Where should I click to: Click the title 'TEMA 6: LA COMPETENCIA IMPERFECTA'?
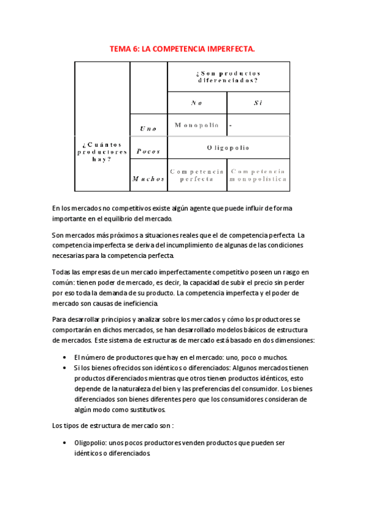pyautogui.click(x=182, y=48)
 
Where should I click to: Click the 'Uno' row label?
pyautogui.click(x=148, y=129)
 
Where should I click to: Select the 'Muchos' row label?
pyautogui.click(x=148, y=179)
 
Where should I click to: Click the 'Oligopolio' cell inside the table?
pyautogui.click(x=228, y=148)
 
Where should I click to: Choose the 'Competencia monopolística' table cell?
pyautogui.click(x=258, y=176)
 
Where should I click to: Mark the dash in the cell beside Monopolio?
pyautogui.click(x=231, y=126)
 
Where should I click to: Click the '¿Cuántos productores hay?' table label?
pyautogui.click(x=102, y=152)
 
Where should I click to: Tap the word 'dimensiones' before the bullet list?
pyautogui.click(x=289, y=340)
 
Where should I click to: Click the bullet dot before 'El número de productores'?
pyautogui.click(x=65, y=357)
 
